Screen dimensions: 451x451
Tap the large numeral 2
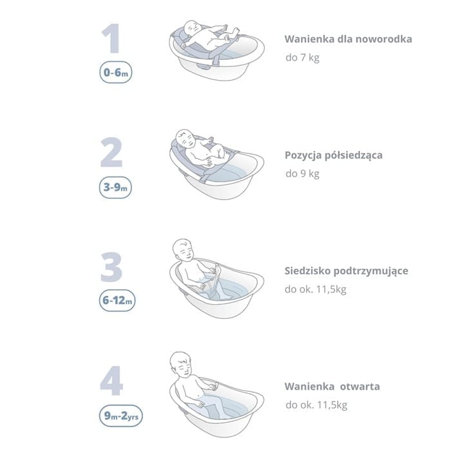pyautogui.click(x=111, y=153)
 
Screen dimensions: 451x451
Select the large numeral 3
pyautogui.click(x=111, y=267)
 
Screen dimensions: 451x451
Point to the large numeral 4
pyautogui.click(x=111, y=381)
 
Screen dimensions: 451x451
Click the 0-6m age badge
pyautogui.click(x=116, y=72)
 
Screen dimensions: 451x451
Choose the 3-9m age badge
pyautogui.click(x=115, y=187)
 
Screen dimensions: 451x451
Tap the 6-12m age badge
pyautogui.click(x=117, y=301)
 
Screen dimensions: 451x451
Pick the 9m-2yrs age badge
pyautogui.click(x=121, y=416)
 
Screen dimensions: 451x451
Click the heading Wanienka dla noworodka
pyautogui.click(x=349, y=39)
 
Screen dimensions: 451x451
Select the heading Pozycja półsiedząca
pyautogui.click(x=334, y=156)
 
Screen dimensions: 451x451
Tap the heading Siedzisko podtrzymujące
pyautogui.click(x=347, y=271)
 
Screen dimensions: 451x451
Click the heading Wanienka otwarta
pyautogui.click(x=332, y=387)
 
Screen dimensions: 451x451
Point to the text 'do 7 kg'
pyautogui.click(x=302, y=57)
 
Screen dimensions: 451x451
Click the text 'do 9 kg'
pyautogui.click(x=302, y=174)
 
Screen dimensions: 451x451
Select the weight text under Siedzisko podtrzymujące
pyautogui.click(x=315, y=289)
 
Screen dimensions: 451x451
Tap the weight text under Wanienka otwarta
pyautogui.click(x=316, y=405)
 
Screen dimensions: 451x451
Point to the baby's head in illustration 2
pyautogui.click(x=185, y=139)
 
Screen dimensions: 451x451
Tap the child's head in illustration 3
pyautogui.click(x=184, y=250)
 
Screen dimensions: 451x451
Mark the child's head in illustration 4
pyautogui.click(x=180, y=363)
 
